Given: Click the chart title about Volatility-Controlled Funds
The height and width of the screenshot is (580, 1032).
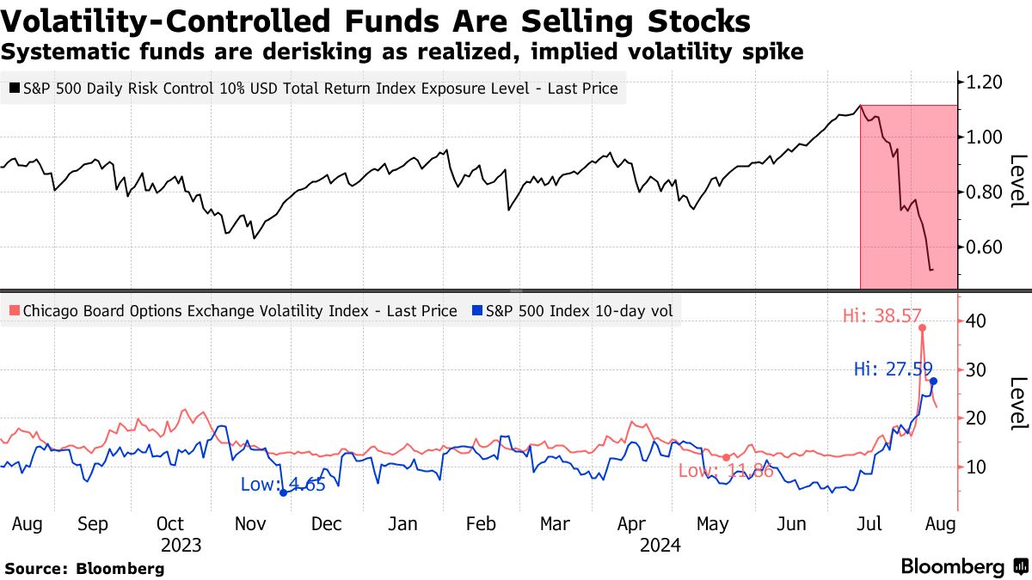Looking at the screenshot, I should pyautogui.click(x=377, y=21).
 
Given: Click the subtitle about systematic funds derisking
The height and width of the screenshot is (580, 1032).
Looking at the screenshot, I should pyautogui.click(x=402, y=52).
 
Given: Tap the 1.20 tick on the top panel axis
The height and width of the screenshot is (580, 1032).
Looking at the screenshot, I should pyautogui.click(x=983, y=82).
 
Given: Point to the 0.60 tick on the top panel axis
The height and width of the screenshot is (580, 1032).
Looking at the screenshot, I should pyautogui.click(x=983, y=247).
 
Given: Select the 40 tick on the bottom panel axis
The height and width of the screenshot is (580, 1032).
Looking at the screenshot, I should pyautogui.click(x=975, y=321).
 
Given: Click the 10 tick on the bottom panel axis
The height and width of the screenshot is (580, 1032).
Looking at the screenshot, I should pyautogui.click(x=975, y=467).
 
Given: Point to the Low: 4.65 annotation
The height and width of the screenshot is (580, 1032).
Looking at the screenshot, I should pyautogui.click(x=283, y=485).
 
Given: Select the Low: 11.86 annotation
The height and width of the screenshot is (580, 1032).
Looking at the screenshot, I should pyautogui.click(x=725, y=471).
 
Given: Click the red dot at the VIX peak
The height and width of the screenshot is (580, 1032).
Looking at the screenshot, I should pyautogui.click(x=922, y=327).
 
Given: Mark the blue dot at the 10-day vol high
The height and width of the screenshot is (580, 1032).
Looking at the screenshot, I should pyautogui.click(x=934, y=381).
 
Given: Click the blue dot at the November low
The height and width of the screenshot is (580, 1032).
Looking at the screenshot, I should pyautogui.click(x=283, y=492).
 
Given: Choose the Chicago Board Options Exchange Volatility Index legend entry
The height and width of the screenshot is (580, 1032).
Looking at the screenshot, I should pyautogui.click(x=232, y=311).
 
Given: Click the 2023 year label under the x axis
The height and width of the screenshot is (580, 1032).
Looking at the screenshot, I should pyautogui.click(x=181, y=545).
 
